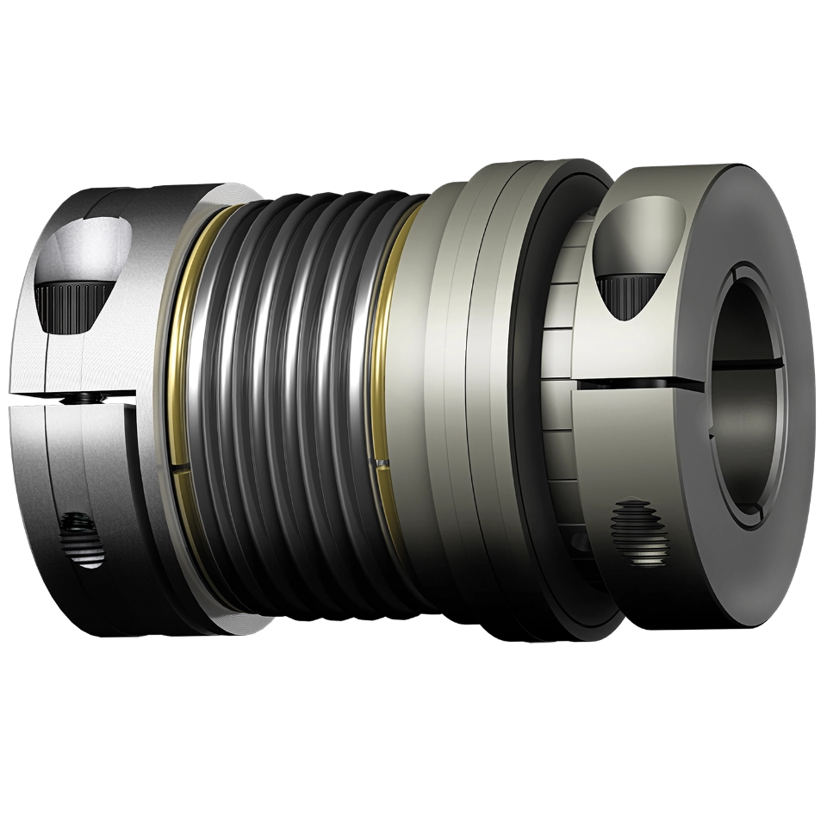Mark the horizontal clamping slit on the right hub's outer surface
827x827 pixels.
pos(637,378)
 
